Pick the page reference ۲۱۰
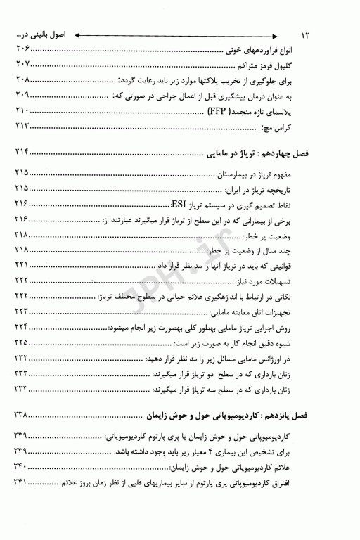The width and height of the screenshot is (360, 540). coord(22,110)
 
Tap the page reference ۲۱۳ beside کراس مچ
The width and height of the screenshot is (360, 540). coord(22,126)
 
